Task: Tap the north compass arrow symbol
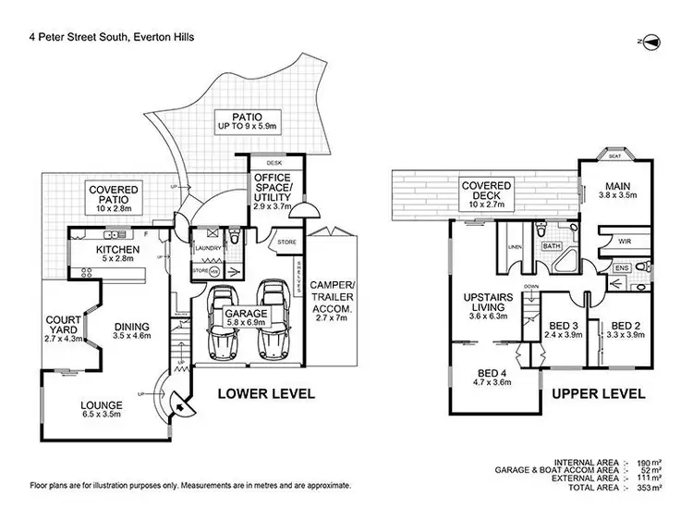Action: pos(650,42)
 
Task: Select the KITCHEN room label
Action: pos(117,250)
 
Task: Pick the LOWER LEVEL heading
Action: pos(265,393)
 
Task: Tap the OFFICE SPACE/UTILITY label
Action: pos(272,188)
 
